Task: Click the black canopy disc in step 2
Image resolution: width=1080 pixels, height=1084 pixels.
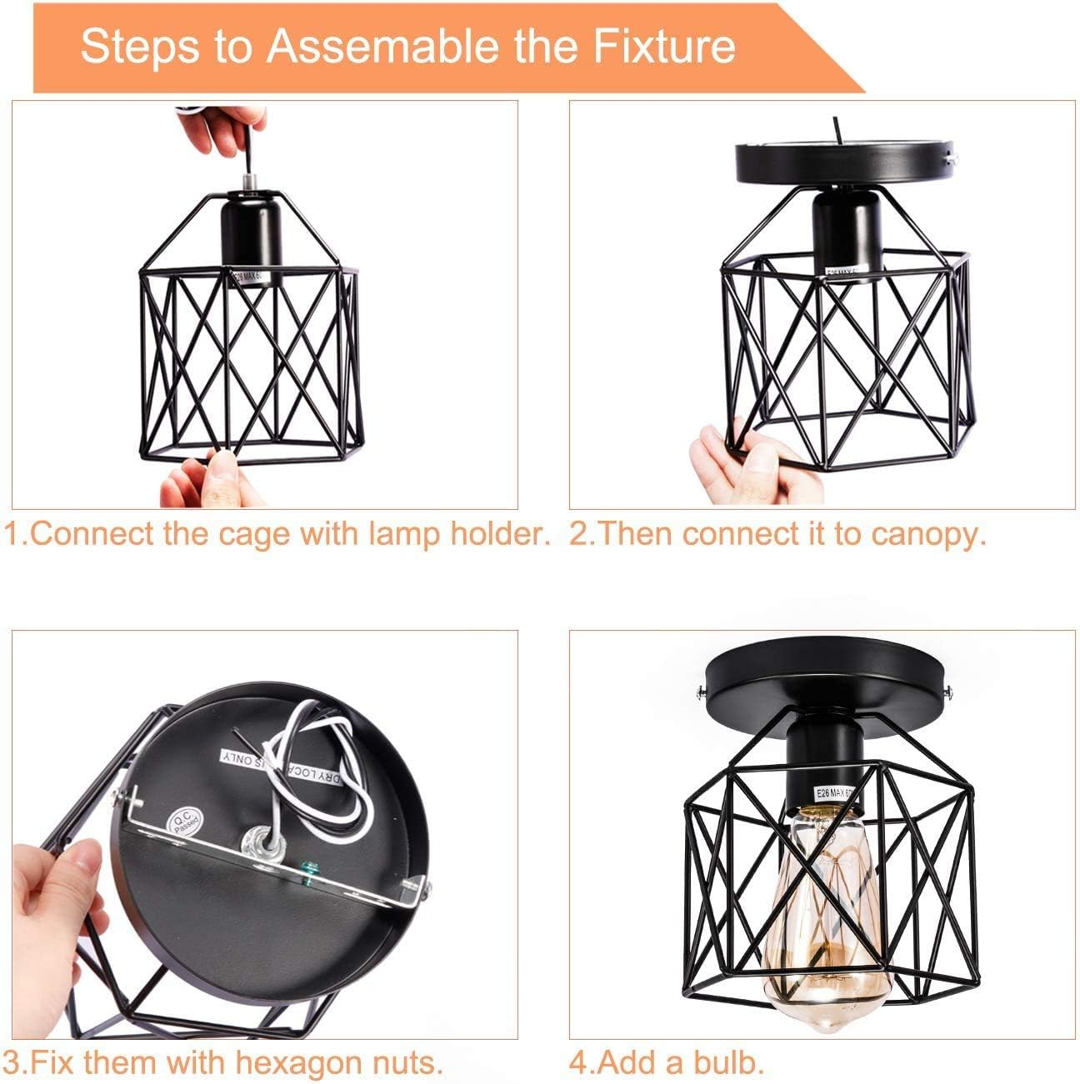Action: point(843,161)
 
